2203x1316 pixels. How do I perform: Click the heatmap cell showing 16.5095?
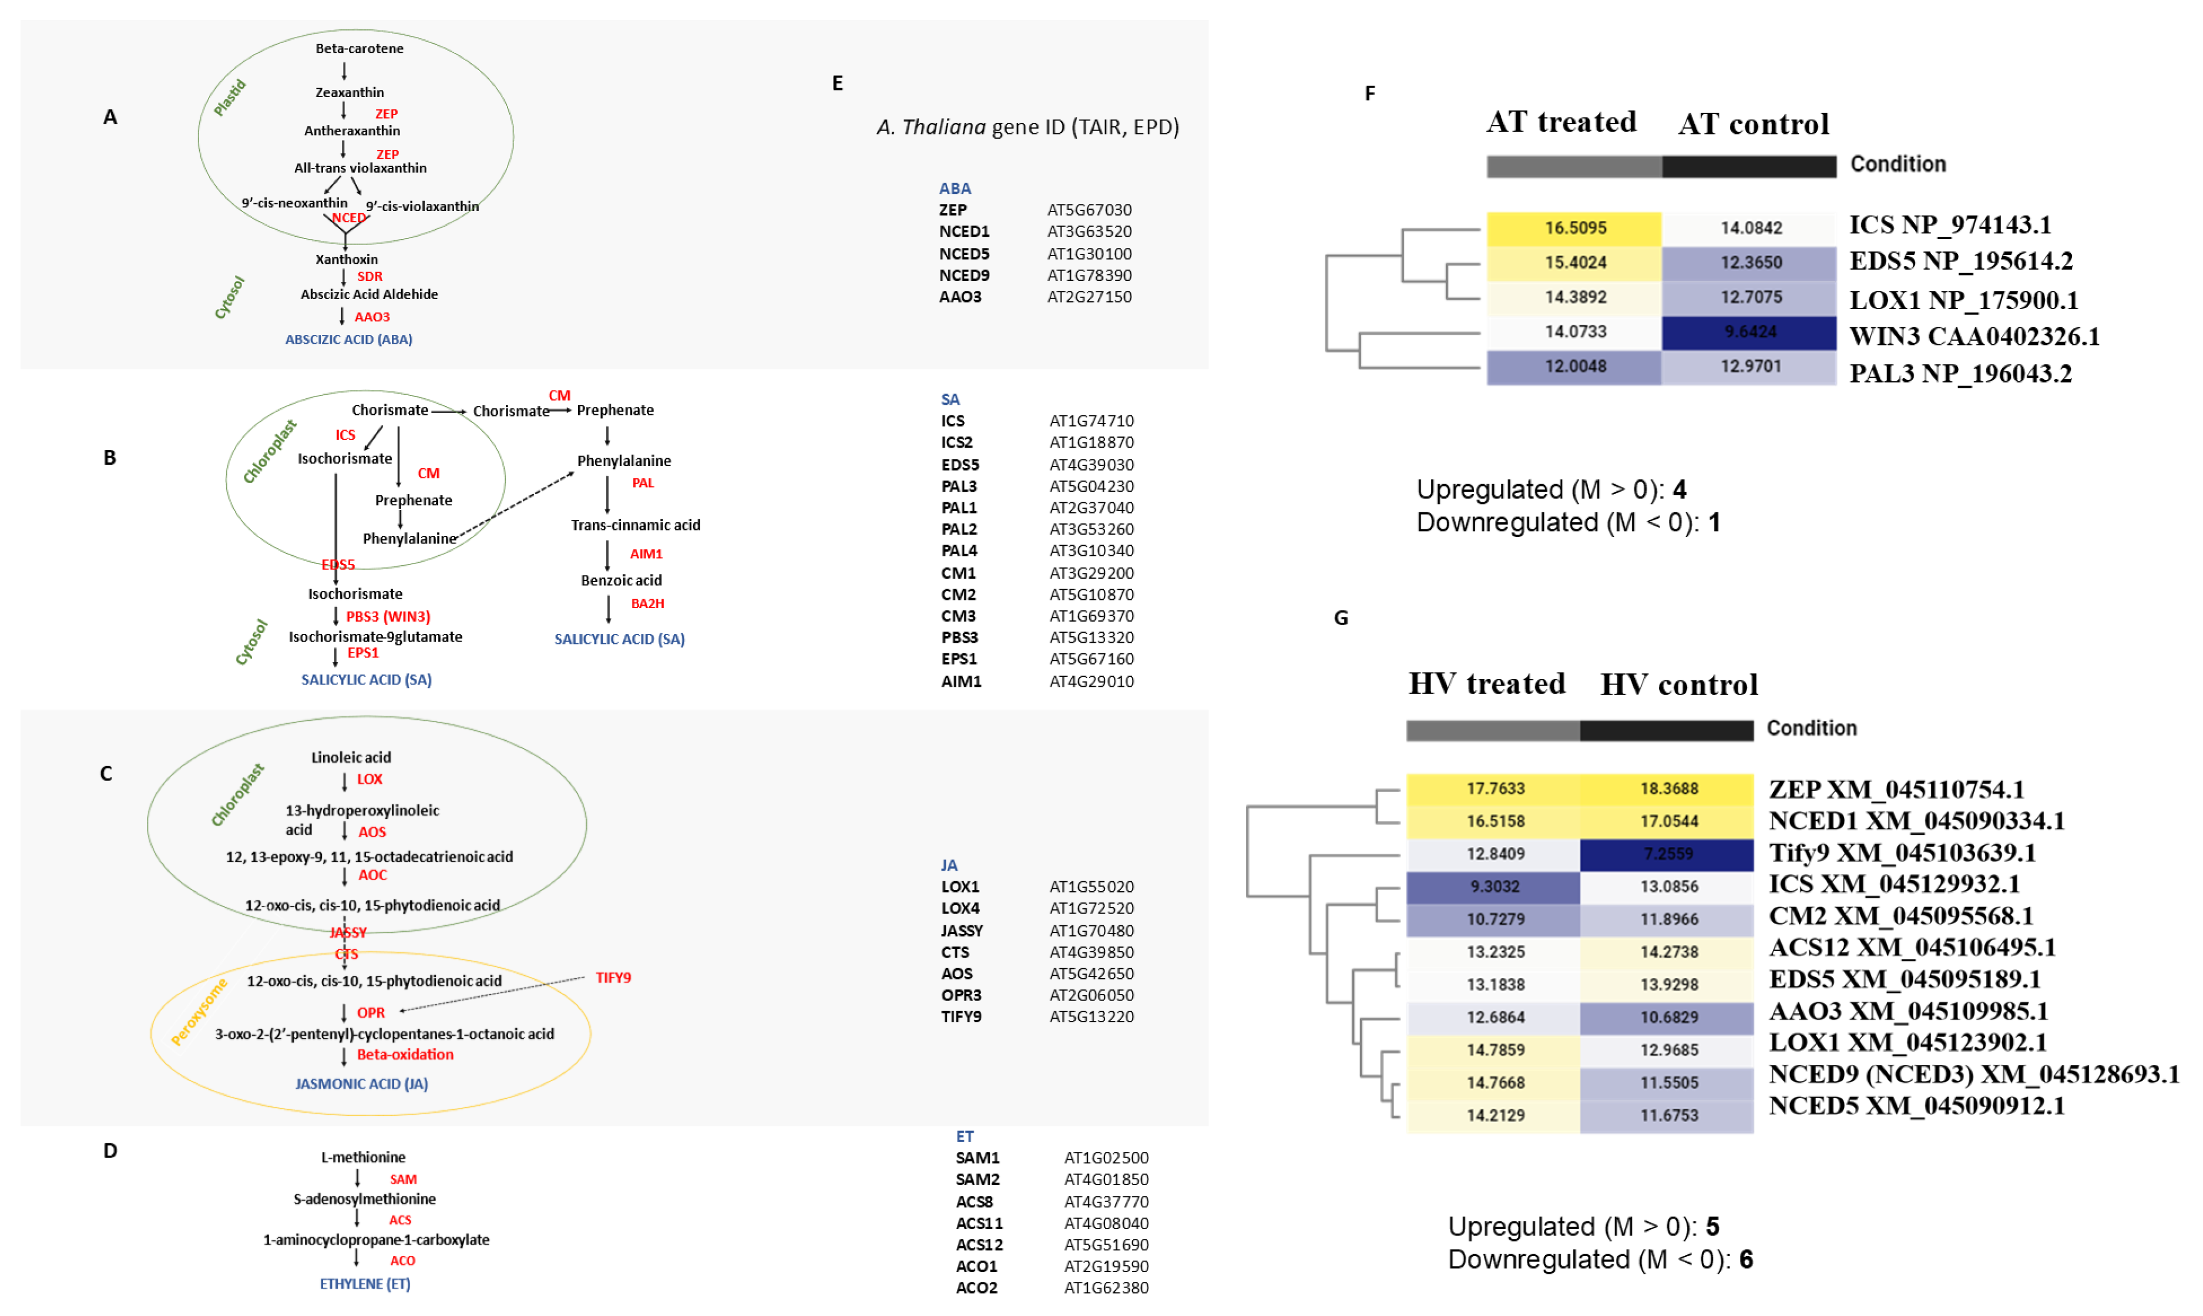[1574, 228]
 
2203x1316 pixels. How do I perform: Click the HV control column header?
[1678, 684]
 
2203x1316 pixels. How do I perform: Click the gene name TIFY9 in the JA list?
[961, 1017]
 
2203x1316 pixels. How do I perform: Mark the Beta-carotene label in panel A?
[359, 49]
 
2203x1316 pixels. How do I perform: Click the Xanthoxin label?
[347, 260]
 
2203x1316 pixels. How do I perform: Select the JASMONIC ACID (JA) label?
[362, 1084]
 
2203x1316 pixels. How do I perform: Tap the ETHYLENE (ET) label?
[364, 1284]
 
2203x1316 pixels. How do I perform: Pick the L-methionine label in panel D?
[362, 1157]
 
